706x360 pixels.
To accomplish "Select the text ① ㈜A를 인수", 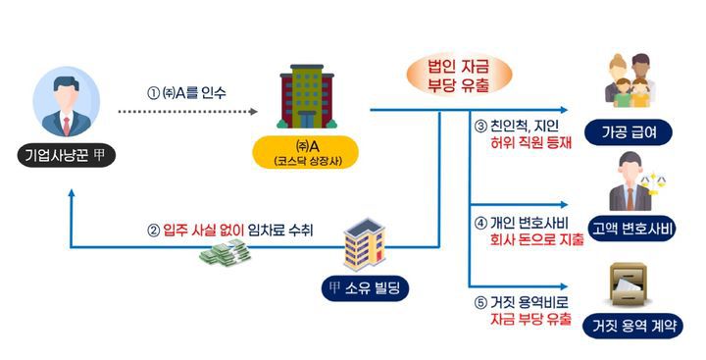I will click(x=186, y=93).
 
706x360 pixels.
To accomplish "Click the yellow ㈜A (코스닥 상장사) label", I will click(x=305, y=153).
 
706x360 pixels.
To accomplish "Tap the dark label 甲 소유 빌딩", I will click(x=368, y=287).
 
